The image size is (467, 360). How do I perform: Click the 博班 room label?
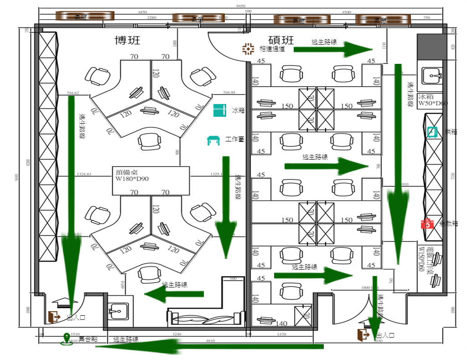[x=127, y=41]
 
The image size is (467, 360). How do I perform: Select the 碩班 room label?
[x=281, y=41]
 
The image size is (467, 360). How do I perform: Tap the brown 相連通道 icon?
[x=248, y=48]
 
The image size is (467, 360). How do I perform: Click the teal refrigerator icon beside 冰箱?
[x=220, y=110]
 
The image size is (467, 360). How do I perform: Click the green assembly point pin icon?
[x=67, y=339]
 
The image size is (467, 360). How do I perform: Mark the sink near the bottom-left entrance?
[x=118, y=311]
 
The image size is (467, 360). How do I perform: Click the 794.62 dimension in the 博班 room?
[x=73, y=93]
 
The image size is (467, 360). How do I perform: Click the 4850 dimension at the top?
[x=142, y=12]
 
